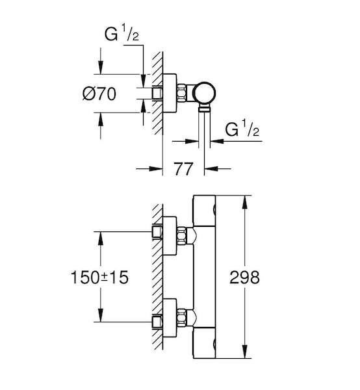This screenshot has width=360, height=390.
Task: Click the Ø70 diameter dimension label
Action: (x=99, y=94)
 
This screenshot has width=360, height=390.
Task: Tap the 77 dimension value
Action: (x=183, y=169)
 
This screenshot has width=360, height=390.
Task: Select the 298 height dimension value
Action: (x=244, y=278)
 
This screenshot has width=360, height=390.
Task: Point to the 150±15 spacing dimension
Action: (x=99, y=278)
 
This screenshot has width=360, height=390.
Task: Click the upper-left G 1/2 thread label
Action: (x=122, y=34)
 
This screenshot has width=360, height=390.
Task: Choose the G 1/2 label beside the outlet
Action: (x=242, y=129)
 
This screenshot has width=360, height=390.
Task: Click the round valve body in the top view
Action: (x=205, y=93)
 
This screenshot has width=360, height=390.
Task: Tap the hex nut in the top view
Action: (x=182, y=92)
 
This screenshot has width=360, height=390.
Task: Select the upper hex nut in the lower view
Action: (x=182, y=236)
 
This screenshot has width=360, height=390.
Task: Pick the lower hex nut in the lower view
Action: (x=182, y=317)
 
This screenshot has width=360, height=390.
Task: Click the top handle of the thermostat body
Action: (x=204, y=211)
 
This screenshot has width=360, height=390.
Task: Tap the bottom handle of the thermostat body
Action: (x=204, y=343)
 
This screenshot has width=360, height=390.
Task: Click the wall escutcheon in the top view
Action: (x=170, y=93)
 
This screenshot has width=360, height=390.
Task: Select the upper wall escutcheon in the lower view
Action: (x=170, y=236)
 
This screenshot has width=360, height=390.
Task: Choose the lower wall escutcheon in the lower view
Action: (x=170, y=318)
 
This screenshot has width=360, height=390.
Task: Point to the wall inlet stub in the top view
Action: (x=157, y=93)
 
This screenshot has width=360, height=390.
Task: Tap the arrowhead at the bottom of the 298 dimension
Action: (x=245, y=352)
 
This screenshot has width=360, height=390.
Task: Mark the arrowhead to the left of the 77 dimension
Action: (x=156, y=168)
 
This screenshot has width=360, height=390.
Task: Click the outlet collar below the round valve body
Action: (x=205, y=109)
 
